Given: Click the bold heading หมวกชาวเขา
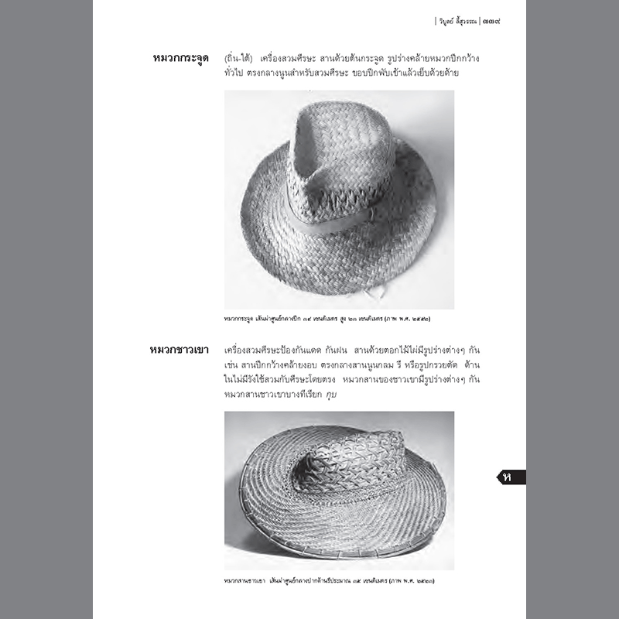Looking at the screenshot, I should pos(179,350).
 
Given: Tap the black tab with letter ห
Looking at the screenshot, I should pos(511,477).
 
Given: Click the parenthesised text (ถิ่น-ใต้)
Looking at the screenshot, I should pos(238,59).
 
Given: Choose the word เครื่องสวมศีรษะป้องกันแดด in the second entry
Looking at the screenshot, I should pos(278,350).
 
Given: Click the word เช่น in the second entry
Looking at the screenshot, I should pos(233,364).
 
